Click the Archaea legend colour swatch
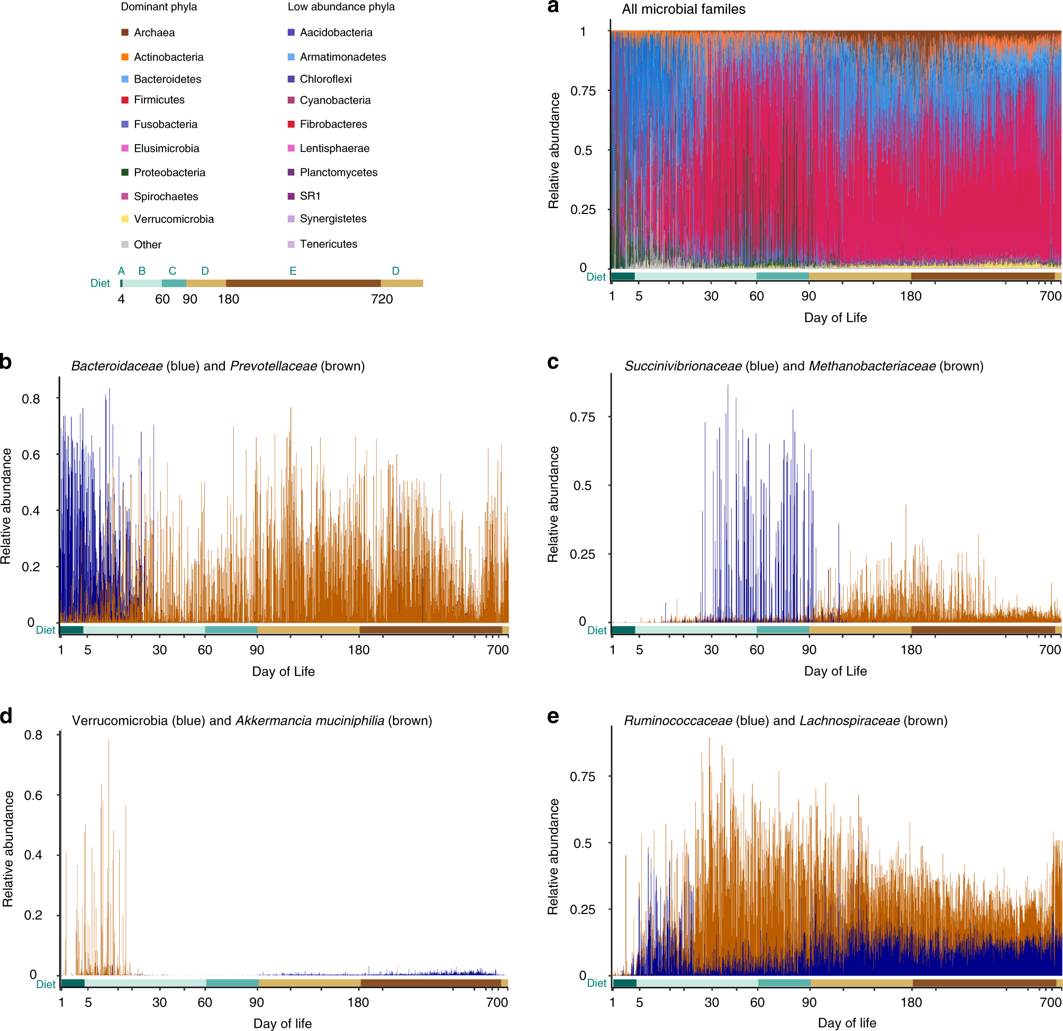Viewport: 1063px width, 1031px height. click(x=125, y=32)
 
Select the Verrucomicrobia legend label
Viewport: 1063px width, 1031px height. click(x=174, y=219)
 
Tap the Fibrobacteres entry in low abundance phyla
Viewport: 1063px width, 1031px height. click(x=333, y=124)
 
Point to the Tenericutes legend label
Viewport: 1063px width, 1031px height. click(x=328, y=244)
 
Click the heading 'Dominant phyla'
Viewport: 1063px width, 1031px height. click(x=158, y=7)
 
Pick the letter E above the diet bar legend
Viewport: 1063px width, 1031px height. click(x=293, y=271)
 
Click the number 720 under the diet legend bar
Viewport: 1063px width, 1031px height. click(x=382, y=299)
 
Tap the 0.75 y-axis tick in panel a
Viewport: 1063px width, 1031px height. click(x=583, y=91)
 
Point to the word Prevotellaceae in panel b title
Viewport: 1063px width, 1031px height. click(x=274, y=366)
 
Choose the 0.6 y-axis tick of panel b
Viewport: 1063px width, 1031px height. click(x=31, y=455)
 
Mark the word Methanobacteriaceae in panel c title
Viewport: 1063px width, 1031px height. click(x=872, y=366)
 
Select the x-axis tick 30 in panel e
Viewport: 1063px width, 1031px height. click(x=712, y=1002)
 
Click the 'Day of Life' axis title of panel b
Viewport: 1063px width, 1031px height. click(x=283, y=672)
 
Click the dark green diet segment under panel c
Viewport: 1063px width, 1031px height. click(x=623, y=630)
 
